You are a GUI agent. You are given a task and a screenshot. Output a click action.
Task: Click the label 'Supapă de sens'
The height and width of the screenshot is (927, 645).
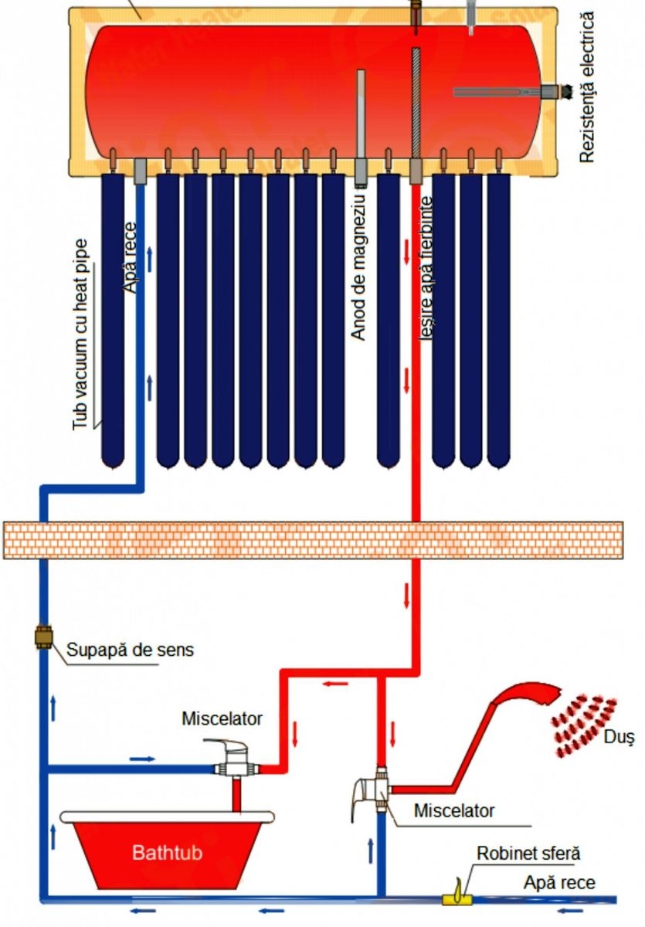(131, 650)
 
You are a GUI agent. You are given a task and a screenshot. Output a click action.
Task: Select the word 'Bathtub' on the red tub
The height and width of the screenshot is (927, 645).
(165, 854)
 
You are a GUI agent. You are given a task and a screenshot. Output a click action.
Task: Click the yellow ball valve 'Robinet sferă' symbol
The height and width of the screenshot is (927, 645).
(457, 896)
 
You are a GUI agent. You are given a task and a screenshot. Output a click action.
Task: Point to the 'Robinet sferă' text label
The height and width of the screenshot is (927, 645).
(528, 854)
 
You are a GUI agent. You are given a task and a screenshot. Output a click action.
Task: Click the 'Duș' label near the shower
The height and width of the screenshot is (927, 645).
(620, 739)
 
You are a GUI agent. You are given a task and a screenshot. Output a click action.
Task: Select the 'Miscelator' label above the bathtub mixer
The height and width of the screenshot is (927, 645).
(222, 718)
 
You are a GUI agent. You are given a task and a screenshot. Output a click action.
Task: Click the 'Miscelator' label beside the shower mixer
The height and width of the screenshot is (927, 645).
(453, 811)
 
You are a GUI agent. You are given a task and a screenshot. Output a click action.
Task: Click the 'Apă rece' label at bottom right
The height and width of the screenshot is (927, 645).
(559, 881)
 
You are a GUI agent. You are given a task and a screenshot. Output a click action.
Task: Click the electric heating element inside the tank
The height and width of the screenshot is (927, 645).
(502, 92)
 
